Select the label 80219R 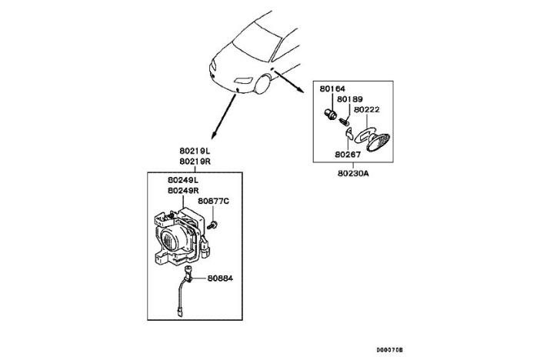tap(195, 162)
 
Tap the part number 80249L tap(184, 180)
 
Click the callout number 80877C tap(213, 202)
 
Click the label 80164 tap(332, 89)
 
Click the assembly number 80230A tap(353, 173)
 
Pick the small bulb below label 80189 tap(346, 119)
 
